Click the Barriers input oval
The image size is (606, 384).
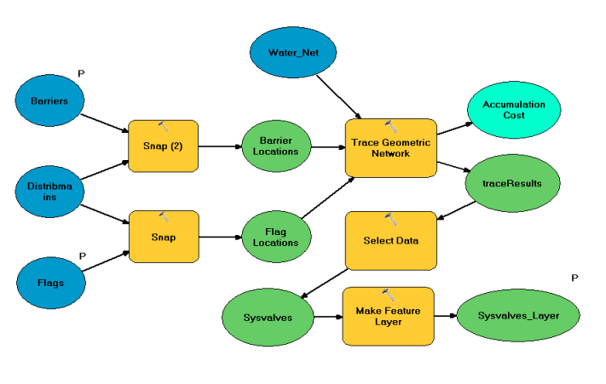(50, 101)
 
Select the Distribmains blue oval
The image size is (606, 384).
(50, 192)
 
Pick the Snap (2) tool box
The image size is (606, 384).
(163, 146)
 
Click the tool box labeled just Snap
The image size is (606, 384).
(163, 237)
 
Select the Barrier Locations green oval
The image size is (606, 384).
(275, 146)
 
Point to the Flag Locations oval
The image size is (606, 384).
(275, 237)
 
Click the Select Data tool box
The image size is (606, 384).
(390, 241)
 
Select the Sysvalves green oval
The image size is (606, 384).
(263, 318)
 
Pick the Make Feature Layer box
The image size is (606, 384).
(388, 316)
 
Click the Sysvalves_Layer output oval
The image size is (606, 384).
(517, 317)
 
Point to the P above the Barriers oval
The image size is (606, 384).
(82, 73)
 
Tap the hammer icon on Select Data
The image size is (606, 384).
(391, 219)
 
